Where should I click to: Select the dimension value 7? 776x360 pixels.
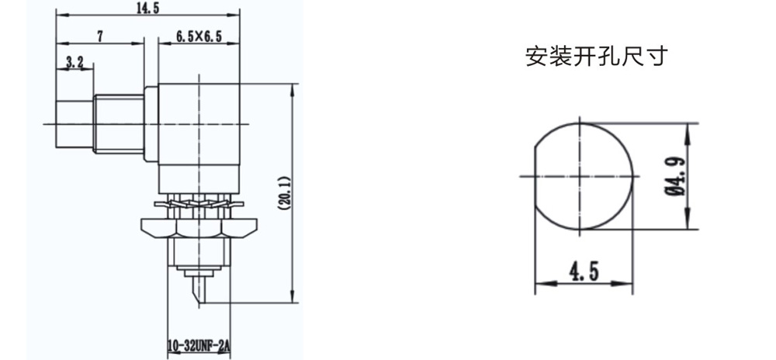pyautogui.click(x=100, y=36)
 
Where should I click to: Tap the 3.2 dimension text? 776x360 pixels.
pyautogui.click(x=74, y=62)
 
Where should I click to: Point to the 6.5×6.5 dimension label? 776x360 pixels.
pyautogui.click(x=199, y=36)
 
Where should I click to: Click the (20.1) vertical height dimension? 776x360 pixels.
pyautogui.click(x=285, y=193)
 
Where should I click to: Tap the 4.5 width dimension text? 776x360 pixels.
pyautogui.click(x=584, y=272)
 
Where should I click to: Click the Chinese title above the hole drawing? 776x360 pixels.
pyautogui.click(x=596, y=57)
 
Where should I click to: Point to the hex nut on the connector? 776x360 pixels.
pyautogui.click(x=199, y=227)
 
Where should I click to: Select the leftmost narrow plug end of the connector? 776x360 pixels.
pyautogui.click(x=74, y=124)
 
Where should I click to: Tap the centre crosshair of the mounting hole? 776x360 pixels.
pyautogui.click(x=579, y=176)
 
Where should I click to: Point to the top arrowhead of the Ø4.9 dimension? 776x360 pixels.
pyautogui.click(x=688, y=130)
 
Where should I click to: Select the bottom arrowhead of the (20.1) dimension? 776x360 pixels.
pyautogui.click(x=293, y=296)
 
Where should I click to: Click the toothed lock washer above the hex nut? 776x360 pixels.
pyautogui.click(x=199, y=203)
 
